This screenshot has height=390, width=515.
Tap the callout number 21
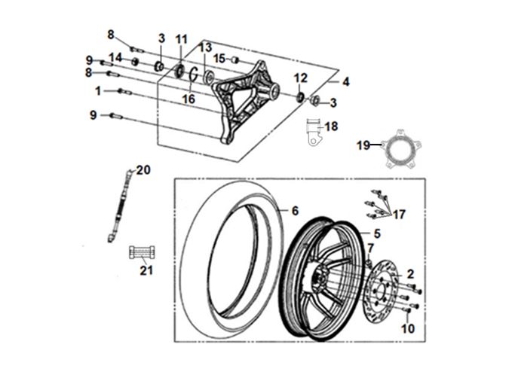[146, 270]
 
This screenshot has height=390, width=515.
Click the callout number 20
[143, 170]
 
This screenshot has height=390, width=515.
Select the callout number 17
[400, 215]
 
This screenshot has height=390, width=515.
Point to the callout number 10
[407, 328]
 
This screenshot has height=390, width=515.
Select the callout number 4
[346, 81]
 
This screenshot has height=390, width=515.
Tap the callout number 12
[300, 78]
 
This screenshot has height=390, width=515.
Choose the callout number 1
[99, 90]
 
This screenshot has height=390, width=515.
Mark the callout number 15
[218, 58]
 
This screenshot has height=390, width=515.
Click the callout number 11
[181, 39]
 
